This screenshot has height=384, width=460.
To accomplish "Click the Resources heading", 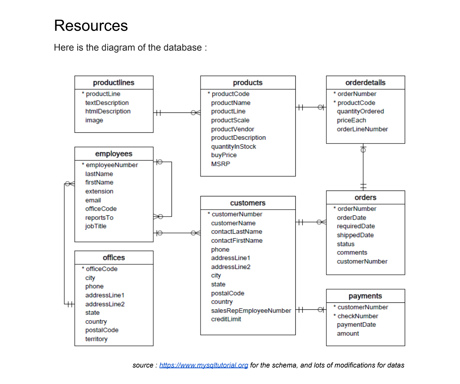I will [x=91, y=25].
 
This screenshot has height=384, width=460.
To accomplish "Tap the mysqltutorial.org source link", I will [x=204, y=365].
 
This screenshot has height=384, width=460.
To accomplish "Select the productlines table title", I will [x=114, y=83].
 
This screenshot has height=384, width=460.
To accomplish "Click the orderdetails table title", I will [x=365, y=83].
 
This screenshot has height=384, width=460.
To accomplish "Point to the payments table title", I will [x=365, y=296].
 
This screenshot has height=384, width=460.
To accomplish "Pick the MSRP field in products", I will [x=220, y=164].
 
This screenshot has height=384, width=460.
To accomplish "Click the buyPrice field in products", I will [x=224, y=155].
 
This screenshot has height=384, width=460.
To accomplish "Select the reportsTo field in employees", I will [x=99, y=218].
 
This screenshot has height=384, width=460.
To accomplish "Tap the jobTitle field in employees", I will [x=96, y=226].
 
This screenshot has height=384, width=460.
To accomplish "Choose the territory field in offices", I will [x=96, y=339].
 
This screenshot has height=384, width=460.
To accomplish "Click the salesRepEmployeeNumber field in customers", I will [x=251, y=311].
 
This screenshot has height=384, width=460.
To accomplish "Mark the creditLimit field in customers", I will [x=226, y=319].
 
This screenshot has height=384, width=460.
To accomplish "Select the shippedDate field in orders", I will [x=355, y=235].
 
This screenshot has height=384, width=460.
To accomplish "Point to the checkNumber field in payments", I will [x=358, y=316].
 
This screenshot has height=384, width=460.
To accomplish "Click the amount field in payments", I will [x=348, y=333].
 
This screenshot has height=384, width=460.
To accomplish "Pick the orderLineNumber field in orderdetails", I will [x=362, y=129].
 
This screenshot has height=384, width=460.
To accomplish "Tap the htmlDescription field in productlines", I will [x=108, y=111].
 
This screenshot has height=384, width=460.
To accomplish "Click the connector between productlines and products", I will [x=176, y=112].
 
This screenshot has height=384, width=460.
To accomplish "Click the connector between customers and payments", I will [x=311, y=310].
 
